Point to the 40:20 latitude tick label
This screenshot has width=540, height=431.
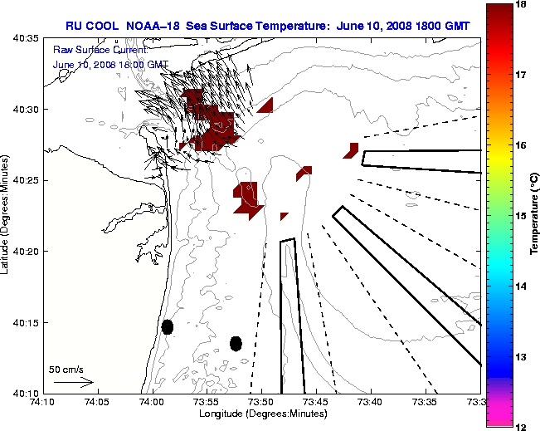coord(27,252)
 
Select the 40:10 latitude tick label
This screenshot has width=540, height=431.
coord(27,393)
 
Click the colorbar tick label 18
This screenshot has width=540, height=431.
coord(522,5)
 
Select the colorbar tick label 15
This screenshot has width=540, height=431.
coord(522,216)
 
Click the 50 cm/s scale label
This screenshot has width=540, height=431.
coord(66,369)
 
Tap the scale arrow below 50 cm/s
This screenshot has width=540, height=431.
coord(73,383)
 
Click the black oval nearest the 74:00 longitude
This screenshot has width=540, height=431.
coord(168,326)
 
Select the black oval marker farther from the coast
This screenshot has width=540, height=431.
coord(236,343)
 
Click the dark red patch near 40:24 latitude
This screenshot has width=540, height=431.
coord(249,198)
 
